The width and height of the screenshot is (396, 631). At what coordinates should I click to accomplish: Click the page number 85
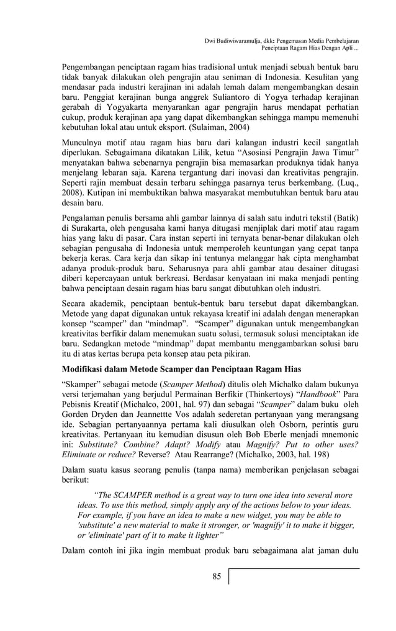(x=217, y=576)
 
